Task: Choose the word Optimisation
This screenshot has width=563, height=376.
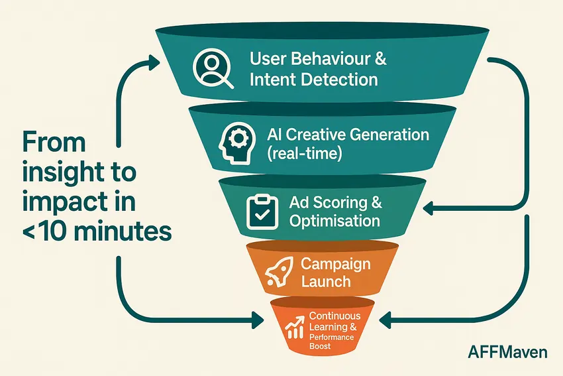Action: [335, 221]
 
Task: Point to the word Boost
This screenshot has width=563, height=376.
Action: [321, 346]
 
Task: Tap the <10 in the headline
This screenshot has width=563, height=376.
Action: [44, 232]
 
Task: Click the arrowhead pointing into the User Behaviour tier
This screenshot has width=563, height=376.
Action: [154, 62]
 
